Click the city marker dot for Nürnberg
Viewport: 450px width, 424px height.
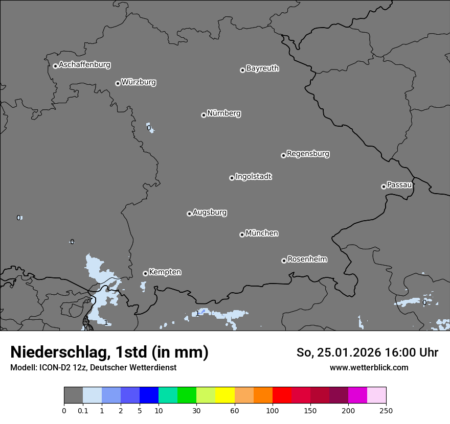(x=204, y=115)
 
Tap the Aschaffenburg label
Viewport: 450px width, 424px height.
(x=84, y=65)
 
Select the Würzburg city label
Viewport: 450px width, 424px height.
(x=139, y=82)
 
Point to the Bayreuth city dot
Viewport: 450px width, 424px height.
(x=242, y=70)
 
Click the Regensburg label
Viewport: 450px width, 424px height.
(x=308, y=154)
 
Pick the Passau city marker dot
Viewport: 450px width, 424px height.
(x=384, y=186)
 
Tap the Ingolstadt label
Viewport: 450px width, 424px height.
(x=254, y=177)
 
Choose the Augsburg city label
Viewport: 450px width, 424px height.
(x=210, y=213)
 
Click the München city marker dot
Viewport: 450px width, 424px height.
(x=242, y=234)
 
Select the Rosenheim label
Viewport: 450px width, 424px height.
(x=307, y=260)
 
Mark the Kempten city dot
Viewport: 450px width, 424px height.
(x=145, y=273)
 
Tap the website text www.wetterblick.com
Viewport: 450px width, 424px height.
(x=369, y=368)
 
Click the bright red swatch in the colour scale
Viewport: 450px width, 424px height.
(x=282, y=395)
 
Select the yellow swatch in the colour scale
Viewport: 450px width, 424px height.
(x=225, y=395)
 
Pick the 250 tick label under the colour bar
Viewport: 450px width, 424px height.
(x=386, y=410)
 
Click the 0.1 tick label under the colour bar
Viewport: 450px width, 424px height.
(x=83, y=410)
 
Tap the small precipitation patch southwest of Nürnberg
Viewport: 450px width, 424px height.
(x=149, y=128)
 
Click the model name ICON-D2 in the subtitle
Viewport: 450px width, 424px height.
(x=52, y=368)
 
